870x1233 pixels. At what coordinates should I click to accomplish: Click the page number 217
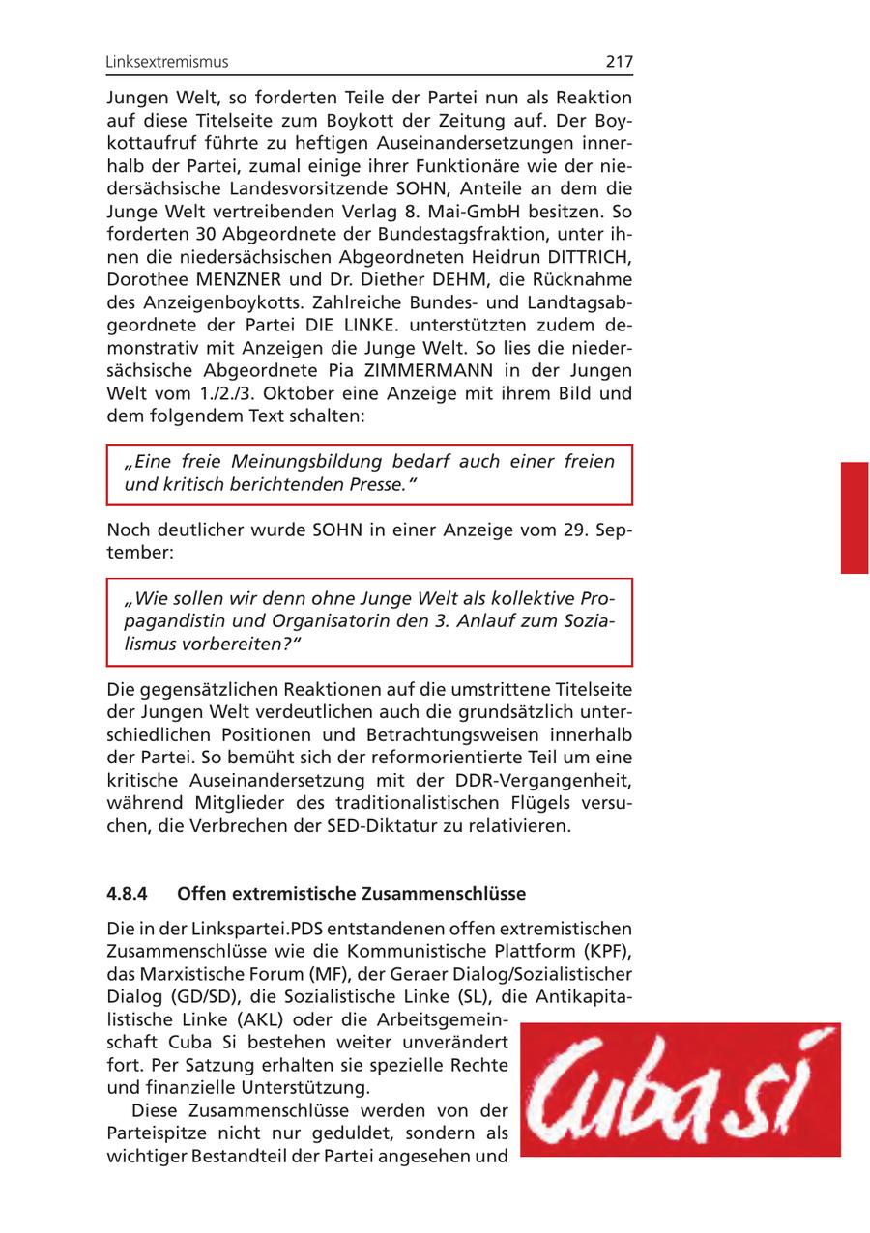coord(620,62)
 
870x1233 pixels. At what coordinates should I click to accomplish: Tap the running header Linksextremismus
coord(167,62)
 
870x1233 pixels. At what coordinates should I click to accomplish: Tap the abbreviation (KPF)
coord(608,951)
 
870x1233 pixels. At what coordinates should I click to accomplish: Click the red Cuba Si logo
coord(680,1089)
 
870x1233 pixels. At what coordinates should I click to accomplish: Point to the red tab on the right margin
coord(854,518)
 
